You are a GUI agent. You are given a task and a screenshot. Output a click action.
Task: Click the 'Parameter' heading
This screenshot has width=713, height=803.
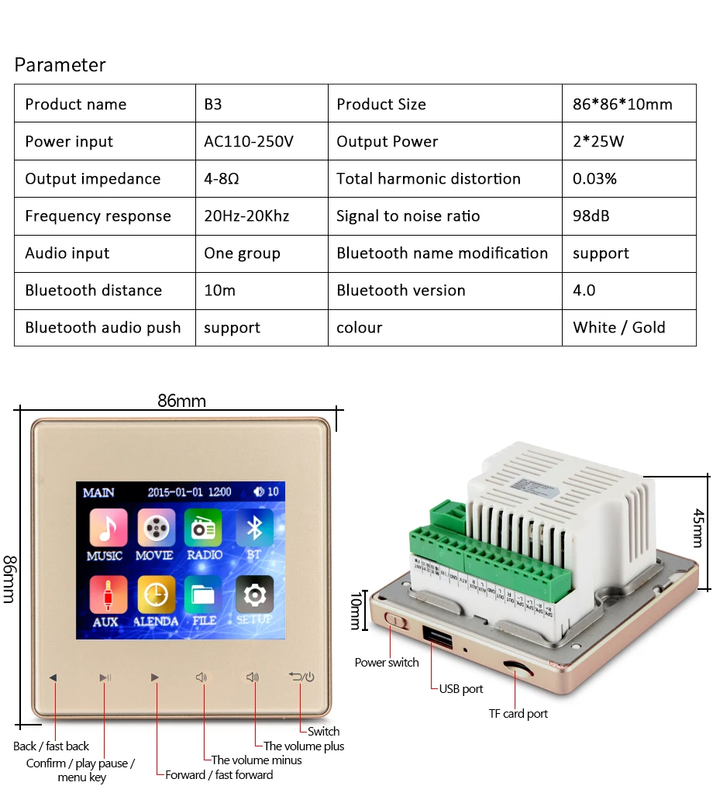[x=60, y=65]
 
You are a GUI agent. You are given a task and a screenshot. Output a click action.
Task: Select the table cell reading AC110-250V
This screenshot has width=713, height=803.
[x=249, y=142]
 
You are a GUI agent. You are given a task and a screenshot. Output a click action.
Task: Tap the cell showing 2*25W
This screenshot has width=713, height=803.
[x=598, y=142]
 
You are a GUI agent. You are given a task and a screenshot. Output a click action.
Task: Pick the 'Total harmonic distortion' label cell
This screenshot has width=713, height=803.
[x=429, y=179]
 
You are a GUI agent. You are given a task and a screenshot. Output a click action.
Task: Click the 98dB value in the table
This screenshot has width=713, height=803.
[x=591, y=216]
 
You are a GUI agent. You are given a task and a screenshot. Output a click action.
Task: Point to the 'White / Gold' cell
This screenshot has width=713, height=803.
[x=619, y=328]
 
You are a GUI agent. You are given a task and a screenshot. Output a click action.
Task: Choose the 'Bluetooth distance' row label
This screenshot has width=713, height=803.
[x=94, y=291]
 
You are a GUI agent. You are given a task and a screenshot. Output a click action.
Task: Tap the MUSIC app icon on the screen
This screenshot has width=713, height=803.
[x=108, y=529]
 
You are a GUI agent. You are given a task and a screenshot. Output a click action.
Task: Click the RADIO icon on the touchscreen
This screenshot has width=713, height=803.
[x=203, y=529]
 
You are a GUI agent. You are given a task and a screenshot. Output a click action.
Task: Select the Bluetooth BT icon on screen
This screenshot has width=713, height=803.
[x=253, y=529]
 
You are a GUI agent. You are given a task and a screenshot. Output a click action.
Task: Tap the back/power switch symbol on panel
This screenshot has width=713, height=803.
[x=301, y=677]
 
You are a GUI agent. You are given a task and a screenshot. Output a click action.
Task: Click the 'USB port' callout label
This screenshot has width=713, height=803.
[x=461, y=688]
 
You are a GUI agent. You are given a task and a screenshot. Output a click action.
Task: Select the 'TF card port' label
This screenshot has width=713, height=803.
[x=518, y=714]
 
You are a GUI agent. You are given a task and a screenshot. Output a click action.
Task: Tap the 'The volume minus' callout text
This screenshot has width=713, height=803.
[x=257, y=760]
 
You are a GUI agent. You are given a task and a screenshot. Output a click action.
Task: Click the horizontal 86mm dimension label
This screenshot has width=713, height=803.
[x=182, y=401]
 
